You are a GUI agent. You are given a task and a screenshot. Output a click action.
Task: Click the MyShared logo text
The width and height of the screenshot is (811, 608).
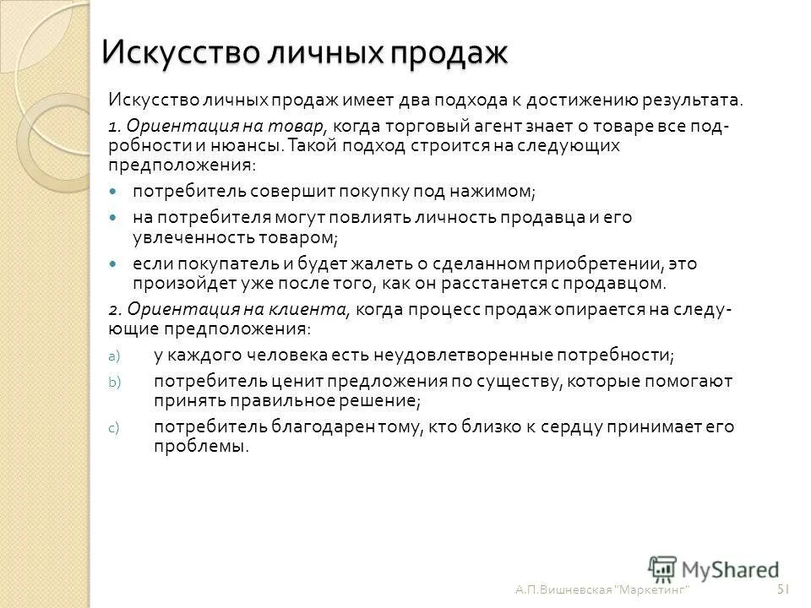(x=732, y=568)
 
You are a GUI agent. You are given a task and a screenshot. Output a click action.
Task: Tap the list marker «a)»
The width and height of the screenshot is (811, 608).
(x=116, y=356)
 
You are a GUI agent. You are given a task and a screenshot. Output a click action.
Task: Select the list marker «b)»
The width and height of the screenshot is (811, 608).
(x=116, y=382)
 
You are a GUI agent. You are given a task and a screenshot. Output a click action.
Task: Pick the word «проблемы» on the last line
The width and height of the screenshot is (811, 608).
(x=199, y=447)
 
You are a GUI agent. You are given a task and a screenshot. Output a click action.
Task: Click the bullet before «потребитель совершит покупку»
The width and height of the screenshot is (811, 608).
(x=116, y=193)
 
